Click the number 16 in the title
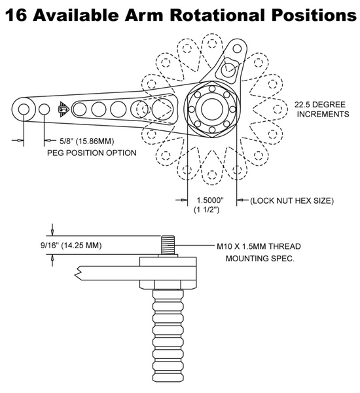click(x=16, y=15)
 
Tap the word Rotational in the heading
click(x=217, y=15)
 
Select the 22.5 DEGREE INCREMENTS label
click(x=321, y=109)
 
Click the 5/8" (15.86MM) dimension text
click(x=86, y=141)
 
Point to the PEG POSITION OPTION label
click(x=92, y=153)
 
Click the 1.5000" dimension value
click(x=210, y=200)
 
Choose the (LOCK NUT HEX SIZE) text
click(x=292, y=200)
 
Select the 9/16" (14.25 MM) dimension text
click(x=71, y=245)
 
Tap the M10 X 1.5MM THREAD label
click(x=259, y=246)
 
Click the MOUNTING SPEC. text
click(x=260, y=259)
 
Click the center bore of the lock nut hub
click(x=212, y=109)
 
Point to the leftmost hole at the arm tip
click(x=24, y=109)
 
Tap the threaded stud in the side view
click(x=168, y=244)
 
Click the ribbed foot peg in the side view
click(x=168, y=335)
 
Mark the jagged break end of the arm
click(x=78, y=273)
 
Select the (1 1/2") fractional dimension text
click(x=207, y=210)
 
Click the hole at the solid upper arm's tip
click(x=237, y=48)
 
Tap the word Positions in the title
click(x=314, y=15)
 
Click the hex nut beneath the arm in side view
click(x=168, y=285)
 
